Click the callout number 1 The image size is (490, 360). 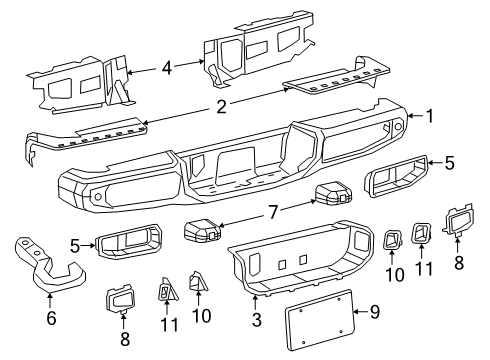point(429,117)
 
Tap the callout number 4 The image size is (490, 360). point(167,68)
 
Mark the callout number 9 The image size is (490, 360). point(375,313)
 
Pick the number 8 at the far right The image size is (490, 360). point(459,264)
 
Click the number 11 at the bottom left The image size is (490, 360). point(167,325)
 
